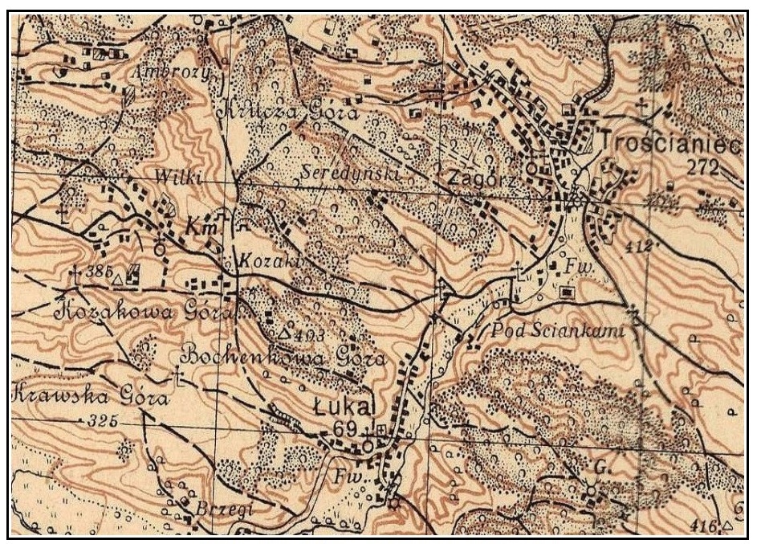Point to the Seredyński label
353,172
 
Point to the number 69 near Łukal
344,430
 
